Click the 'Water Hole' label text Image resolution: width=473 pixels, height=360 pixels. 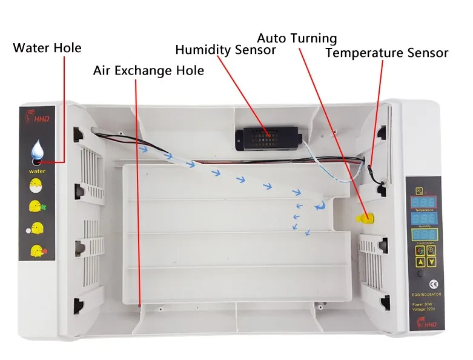coord(47,48)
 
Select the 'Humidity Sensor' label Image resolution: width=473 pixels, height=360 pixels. coord(225,49)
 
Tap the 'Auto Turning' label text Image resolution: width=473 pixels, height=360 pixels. coord(297,38)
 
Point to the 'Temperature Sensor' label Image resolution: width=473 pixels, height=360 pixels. coord(387,53)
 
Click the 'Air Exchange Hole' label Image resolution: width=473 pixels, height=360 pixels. coord(148,70)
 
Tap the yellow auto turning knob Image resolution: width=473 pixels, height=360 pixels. coord(363,218)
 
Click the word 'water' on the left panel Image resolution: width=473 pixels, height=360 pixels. coord(37,172)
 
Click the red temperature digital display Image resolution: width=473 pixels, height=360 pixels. coord(423,201)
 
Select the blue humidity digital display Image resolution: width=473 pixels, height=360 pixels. coord(423,218)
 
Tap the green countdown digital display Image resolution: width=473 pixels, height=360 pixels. coord(423,235)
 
